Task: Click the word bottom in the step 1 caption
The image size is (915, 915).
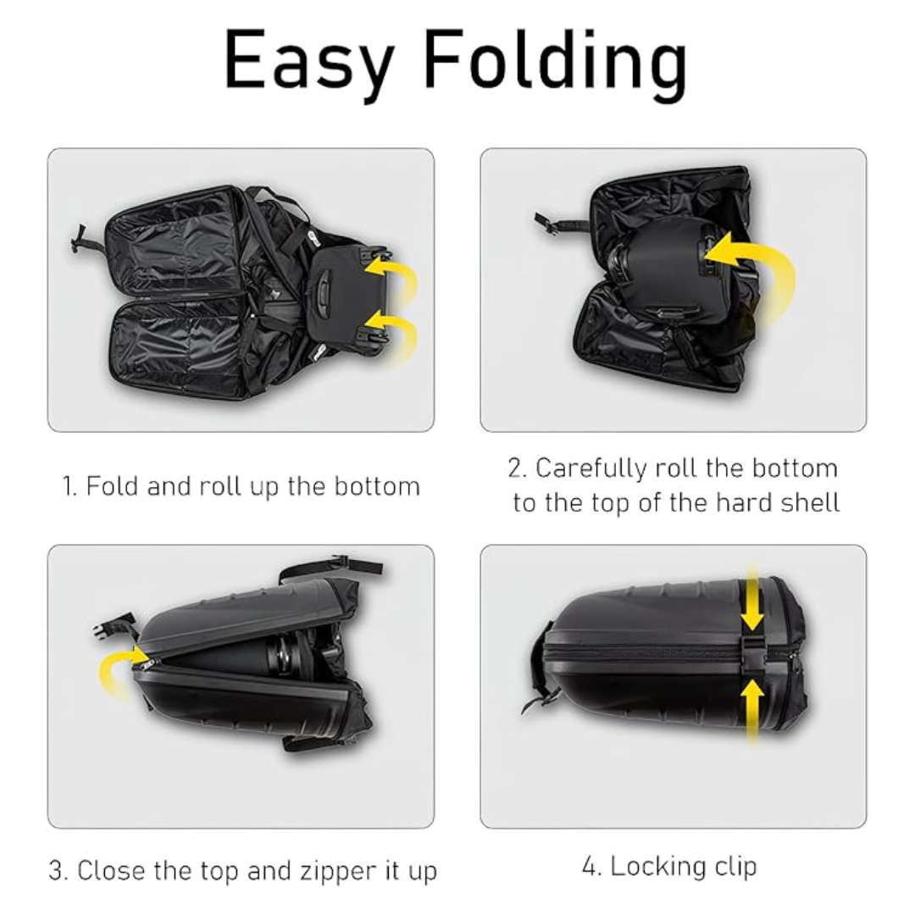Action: (377, 486)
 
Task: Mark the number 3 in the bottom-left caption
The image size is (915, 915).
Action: (55, 870)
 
